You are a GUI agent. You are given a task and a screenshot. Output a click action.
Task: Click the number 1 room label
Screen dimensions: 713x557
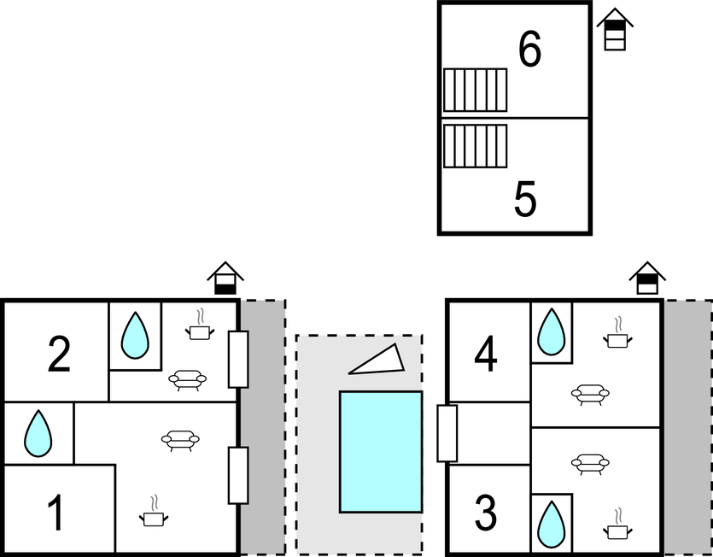click(x=56, y=513)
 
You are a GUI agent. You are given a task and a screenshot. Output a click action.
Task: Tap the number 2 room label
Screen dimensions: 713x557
click(x=59, y=354)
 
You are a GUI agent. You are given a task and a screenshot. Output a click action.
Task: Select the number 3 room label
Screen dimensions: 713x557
click(x=485, y=513)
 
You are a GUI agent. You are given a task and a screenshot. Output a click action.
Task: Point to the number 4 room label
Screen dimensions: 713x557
click(x=485, y=354)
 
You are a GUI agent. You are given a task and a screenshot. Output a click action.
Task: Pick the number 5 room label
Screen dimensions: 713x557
click(x=525, y=198)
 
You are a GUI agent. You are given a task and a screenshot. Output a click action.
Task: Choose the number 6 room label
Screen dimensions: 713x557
click(x=529, y=50)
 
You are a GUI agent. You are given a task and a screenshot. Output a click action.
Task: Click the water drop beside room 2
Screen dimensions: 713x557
click(x=135, y=336)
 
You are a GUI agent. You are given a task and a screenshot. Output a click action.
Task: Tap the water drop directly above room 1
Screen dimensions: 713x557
click(x=38, y=434)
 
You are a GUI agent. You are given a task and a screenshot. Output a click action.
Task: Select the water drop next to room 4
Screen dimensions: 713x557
click(x=551, y=332)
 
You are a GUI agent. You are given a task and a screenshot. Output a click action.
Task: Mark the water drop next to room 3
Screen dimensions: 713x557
click(x=551, y=525)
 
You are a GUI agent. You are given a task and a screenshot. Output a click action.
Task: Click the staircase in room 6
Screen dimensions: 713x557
click(x=475, y=90)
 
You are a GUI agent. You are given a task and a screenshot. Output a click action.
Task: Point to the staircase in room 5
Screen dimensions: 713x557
click(x=475, y=147)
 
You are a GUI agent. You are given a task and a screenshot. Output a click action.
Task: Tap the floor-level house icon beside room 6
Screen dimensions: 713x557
click(x=615, y=29)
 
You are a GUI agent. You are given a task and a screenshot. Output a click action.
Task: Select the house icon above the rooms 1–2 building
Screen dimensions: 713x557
click(x=225, y=278)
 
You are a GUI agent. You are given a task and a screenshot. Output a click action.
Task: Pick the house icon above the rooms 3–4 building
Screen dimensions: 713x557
click(x=647, y=278)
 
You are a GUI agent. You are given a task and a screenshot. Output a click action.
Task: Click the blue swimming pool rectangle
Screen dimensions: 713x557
click(x=381, y=452)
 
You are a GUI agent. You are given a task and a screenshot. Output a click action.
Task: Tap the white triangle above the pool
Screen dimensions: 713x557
click(x=377, y=360)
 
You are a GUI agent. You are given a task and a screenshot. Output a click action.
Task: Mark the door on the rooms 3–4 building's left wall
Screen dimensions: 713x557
click(x=447, y=434)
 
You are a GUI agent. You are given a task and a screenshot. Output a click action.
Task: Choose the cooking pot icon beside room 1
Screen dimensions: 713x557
click(x=154, y=512)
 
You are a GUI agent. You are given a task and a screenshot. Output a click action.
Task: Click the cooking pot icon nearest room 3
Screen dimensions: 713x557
click(x=617, y=525)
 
